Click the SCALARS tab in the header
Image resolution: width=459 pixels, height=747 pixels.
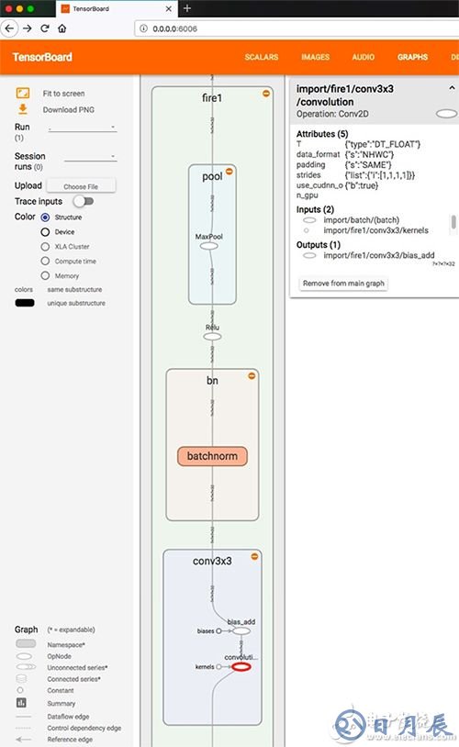pos(262,57)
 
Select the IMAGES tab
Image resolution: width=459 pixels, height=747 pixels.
pos(315,57)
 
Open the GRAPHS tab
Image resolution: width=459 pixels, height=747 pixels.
pos(412,57)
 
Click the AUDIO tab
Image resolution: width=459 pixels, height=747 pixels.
pos(363,57)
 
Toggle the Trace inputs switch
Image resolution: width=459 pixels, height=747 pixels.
pos(83,201)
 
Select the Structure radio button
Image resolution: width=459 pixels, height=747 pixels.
pos(45,217)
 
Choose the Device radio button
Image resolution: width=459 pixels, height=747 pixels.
pos(45,232)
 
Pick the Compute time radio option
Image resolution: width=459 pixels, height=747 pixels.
pos(45,262)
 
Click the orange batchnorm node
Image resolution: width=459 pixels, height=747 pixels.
pos(212,456)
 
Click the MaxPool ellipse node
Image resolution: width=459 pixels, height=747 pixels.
pos(208,246)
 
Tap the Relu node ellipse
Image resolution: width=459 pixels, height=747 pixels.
pos(212,336)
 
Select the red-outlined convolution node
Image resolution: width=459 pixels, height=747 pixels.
pos(241,667)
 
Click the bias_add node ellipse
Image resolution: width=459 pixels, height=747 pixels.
pos(241,631)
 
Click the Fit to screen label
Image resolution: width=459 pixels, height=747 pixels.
pos(63,94)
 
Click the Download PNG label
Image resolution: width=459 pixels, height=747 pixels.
pos(66,109)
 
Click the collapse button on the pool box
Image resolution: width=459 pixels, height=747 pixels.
pos(229,171)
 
